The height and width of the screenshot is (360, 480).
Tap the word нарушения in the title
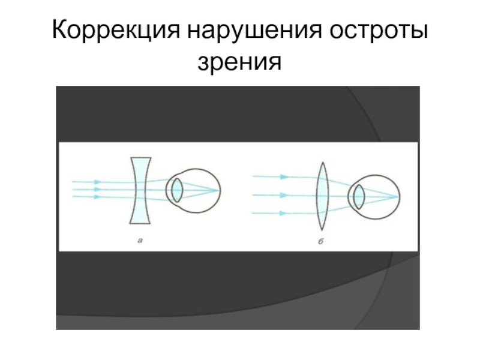(x=253, y=31)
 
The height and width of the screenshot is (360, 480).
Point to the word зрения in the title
(x=240, y=59)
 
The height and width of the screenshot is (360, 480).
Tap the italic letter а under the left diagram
(x=140, y=240)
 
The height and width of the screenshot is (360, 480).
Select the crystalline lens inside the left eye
(x=177, y=189)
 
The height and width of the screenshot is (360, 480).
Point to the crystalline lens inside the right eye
(x=359, y=196)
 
